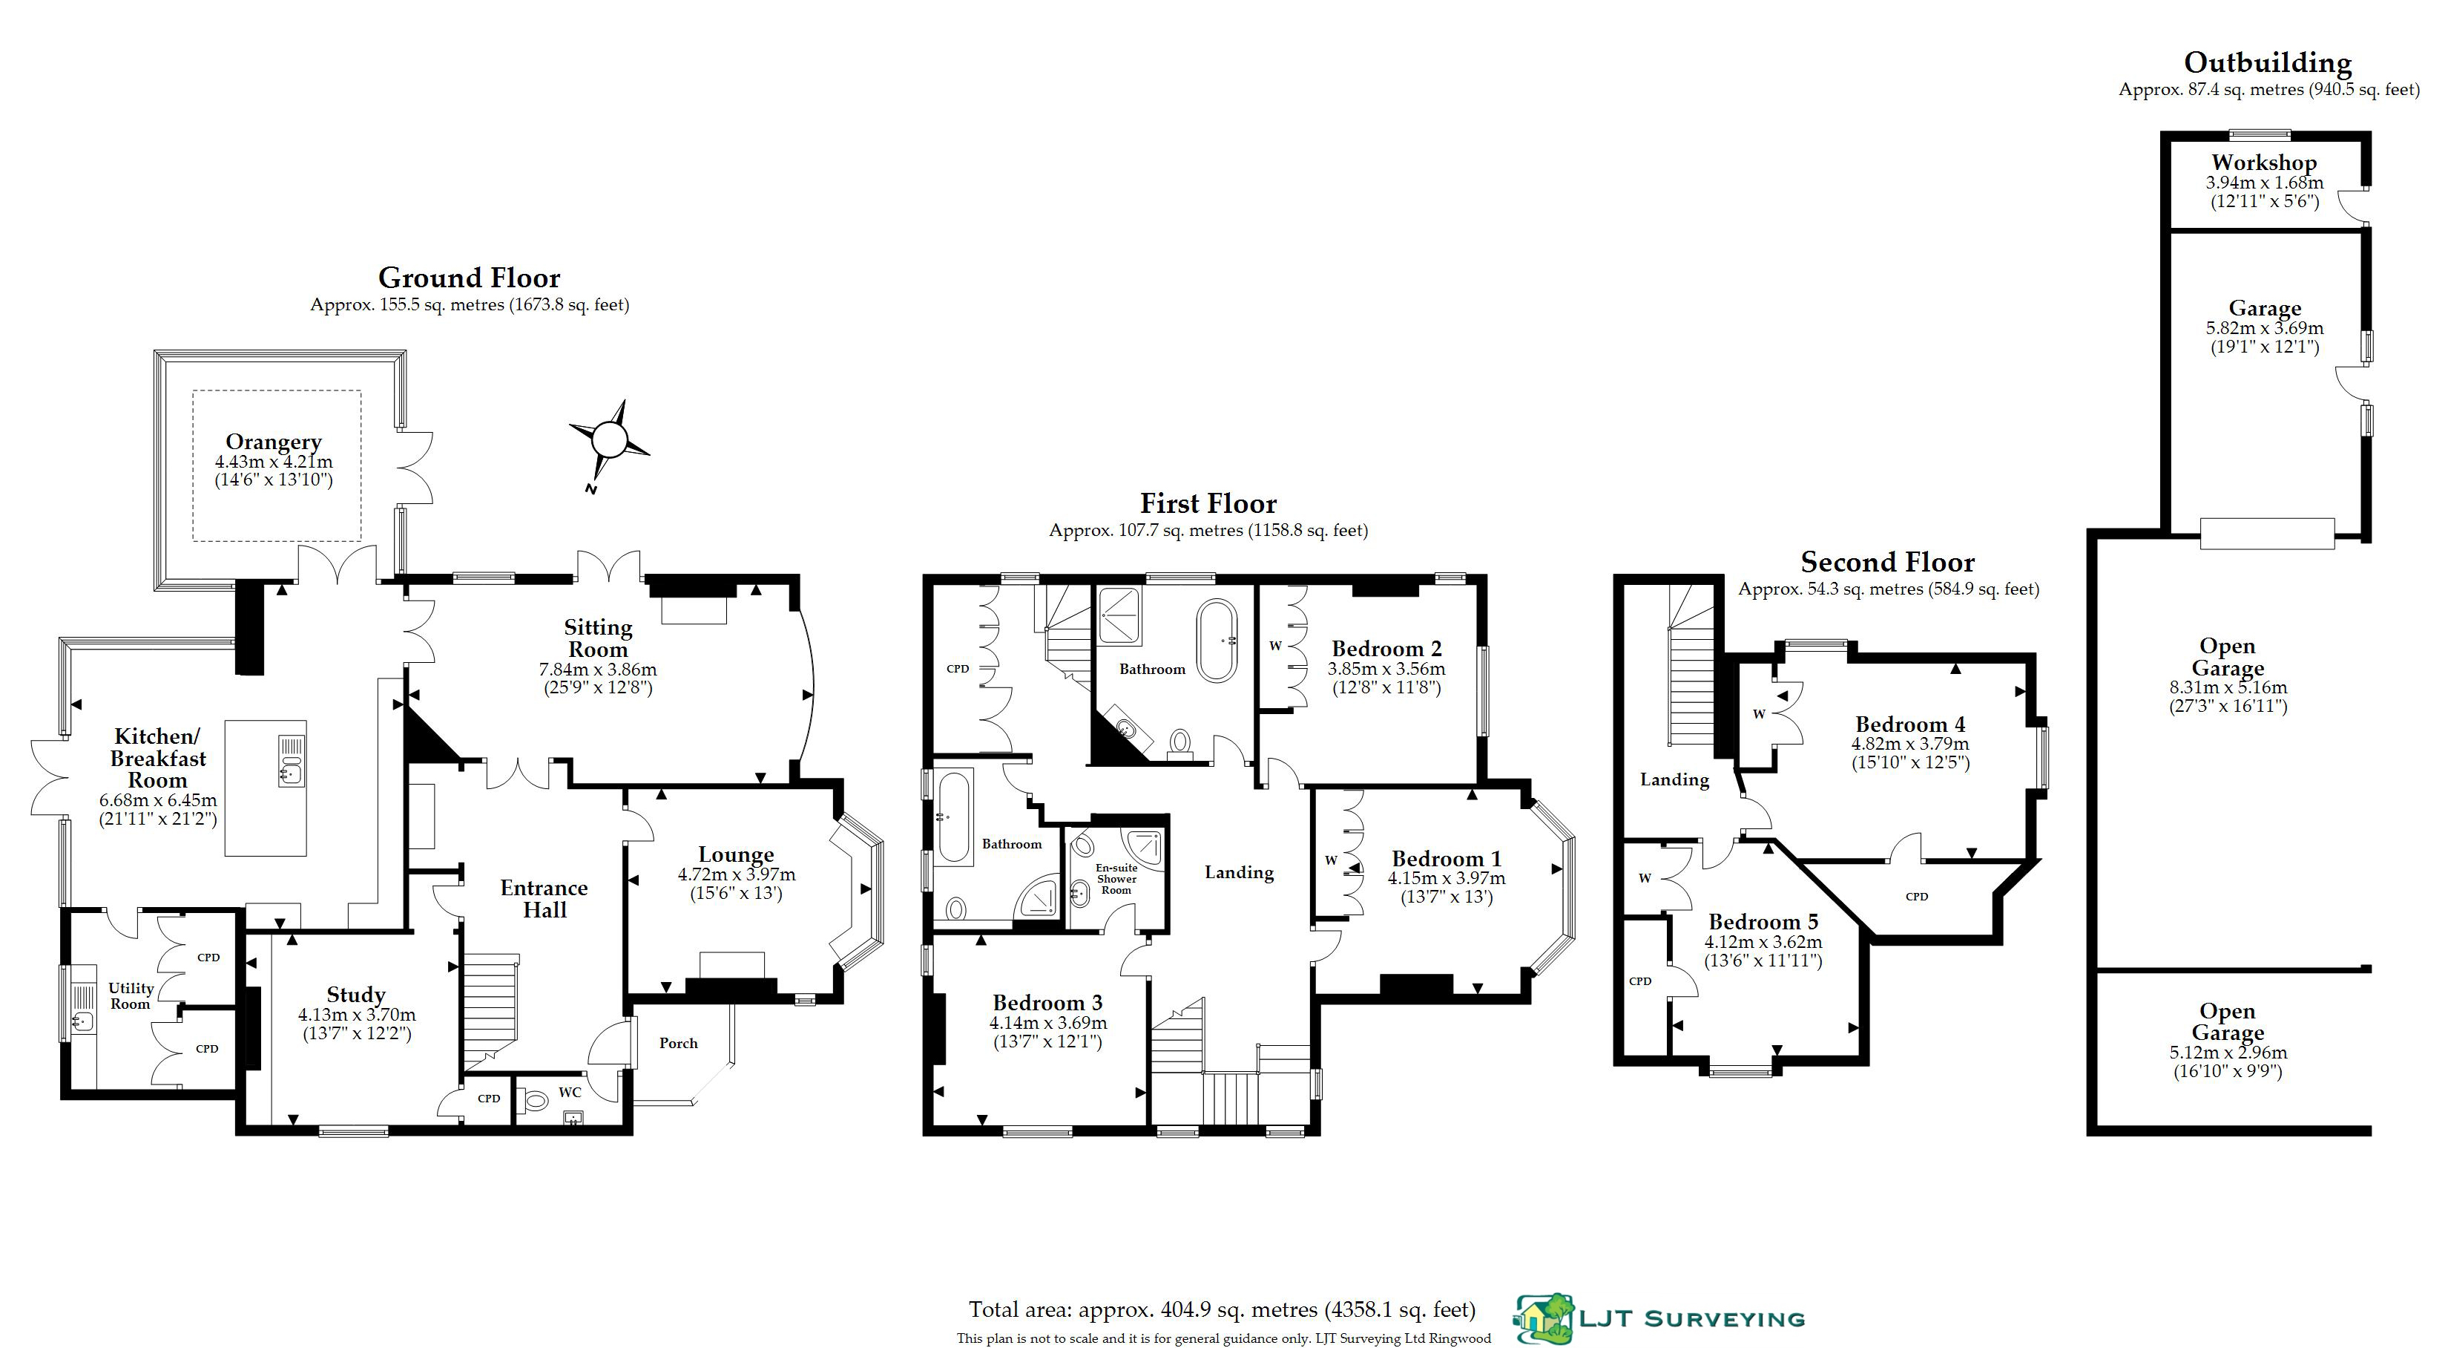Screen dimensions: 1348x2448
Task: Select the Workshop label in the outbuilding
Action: pos(2263,163)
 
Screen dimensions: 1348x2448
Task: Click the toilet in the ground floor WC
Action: pos(537,1101)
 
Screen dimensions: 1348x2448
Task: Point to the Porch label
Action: pos(679,1043)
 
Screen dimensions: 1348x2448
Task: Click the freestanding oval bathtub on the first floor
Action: pos(1217,640)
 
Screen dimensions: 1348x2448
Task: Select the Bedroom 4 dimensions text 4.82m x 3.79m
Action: pos(1910,745)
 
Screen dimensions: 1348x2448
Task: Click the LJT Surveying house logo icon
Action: pos(1543,1318)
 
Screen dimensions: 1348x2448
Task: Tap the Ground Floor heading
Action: pos(470,278)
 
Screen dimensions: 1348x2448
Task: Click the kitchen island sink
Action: pos(291,761)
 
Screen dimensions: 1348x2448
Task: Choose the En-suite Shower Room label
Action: pos(1116,878)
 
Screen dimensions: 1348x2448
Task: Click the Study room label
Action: pos(356,995)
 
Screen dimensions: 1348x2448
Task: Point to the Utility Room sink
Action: pos(82,1022)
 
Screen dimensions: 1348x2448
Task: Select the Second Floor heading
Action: pos(1887,562)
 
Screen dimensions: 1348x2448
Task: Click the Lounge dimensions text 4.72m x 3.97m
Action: pos(737,874)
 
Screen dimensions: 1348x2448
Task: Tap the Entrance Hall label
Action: pos(544,898)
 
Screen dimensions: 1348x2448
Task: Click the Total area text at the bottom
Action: pos(1221,1310)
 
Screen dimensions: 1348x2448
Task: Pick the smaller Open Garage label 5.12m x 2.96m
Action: pos(2228,1053)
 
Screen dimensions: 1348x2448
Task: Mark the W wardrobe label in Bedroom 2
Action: pos(1275,646)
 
